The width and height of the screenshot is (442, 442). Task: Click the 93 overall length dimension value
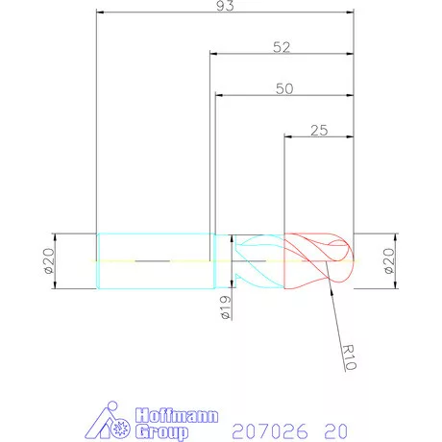(225, 6)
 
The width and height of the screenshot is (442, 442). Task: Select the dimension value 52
(282, 47)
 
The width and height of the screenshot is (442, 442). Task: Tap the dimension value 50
(284, 89)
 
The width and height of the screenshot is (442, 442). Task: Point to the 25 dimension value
(319, 131)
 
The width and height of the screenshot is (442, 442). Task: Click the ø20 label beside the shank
(49, 261)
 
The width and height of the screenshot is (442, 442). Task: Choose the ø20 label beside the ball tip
(389, 261)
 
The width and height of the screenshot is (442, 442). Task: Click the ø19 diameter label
(226, 307)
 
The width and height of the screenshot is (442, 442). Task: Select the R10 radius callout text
(349, 357)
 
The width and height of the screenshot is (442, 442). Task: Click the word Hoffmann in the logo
(177, 416)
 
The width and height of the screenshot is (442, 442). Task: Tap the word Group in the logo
(161, 432)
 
